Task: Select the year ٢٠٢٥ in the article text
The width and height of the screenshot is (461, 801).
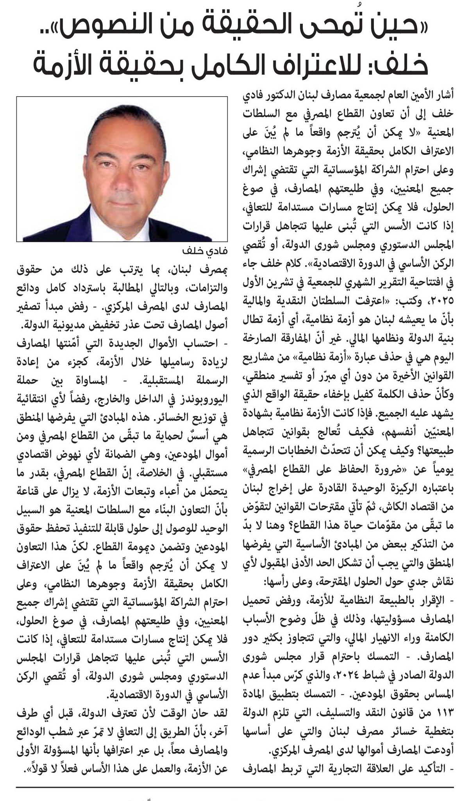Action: click(442, 301)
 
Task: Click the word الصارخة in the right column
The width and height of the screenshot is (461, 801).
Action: click(258, 338)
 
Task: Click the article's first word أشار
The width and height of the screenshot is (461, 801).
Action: click(445, 96)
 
